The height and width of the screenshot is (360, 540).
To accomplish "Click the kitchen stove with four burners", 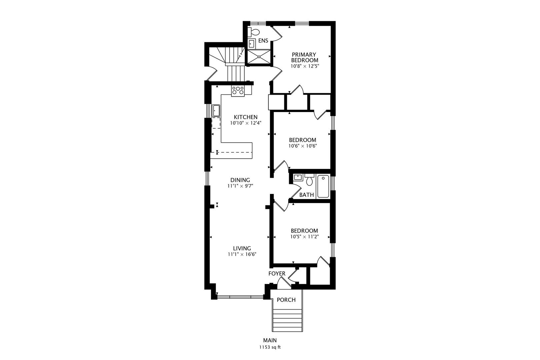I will pos(238,91).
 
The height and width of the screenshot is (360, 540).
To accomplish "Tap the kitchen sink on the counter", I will pos(216,110).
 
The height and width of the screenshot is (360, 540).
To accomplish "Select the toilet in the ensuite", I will pos(254,32).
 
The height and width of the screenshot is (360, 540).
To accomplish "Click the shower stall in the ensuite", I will pos(259,56).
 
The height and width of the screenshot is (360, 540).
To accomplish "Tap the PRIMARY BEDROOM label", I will pos(304,57).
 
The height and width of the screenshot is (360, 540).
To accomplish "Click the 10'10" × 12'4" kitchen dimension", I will pos(246,123).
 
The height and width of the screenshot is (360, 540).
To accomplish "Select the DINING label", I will pos(240,180).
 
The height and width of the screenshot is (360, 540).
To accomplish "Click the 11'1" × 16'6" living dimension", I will pos(242,254).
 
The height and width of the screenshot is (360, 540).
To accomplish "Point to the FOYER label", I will pos(277,274).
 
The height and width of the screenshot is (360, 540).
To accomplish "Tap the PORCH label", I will pos(286,300).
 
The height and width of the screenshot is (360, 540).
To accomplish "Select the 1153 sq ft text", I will pos(270,347).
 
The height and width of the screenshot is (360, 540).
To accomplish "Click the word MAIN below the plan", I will pos(270,340).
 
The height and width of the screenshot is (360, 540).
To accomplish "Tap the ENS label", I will pos(263,41).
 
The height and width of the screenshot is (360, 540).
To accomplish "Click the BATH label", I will pos(306,195).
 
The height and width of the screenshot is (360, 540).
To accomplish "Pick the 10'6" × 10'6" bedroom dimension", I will pos(302,146).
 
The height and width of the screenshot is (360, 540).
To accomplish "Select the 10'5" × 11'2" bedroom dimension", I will pos(304,237).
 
